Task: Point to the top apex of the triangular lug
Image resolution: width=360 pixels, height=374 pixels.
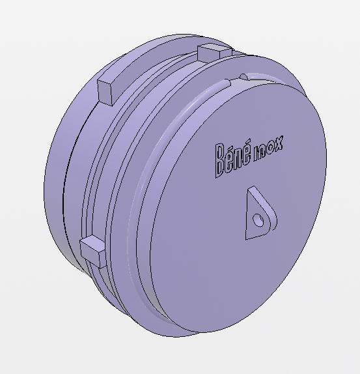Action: tap(252, 190)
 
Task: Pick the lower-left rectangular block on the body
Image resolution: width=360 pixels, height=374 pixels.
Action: tap(92, 251)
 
